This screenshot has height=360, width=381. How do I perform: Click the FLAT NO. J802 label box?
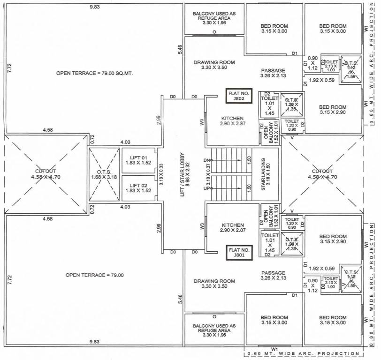pyautogui.click(x=239, y=96)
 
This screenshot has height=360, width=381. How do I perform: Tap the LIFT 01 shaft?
pyautogui.click(x=138, y=160)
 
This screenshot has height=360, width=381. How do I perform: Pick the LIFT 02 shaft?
pyautogui.click(x=138, y=188)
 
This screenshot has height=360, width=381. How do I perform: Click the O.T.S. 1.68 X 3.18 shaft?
pyautogui.click(x=101, y=174)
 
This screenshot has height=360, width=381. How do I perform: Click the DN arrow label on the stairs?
pyautogui.click(x=207, y=161)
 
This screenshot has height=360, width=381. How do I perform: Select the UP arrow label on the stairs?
pyautogui.click(x=207, y=188)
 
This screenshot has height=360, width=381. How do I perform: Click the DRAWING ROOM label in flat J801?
pyautogui.click(x=214, y=284)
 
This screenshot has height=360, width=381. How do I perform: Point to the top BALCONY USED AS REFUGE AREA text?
pyautogui.click(x=214, y=17)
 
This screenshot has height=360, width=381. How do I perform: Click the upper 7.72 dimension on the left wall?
pyautogui.click(x=9, y=68)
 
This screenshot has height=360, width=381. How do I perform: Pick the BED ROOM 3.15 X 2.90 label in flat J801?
pyautogui.click(x=332, y=239)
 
